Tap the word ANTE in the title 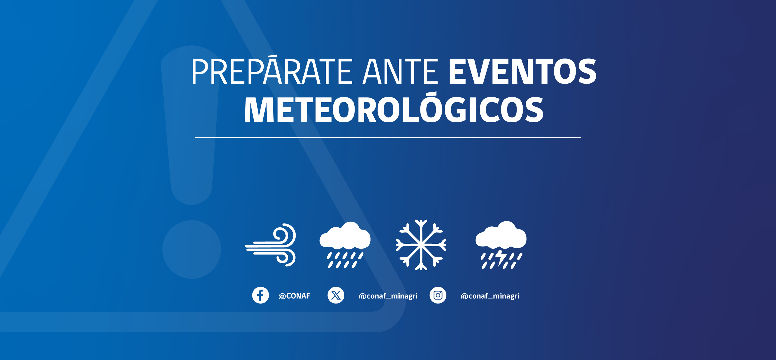pos(400,72)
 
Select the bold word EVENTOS pos(522,72)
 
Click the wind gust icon pos(271,245)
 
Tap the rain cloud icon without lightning pos(345,245)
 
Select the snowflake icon pos(421,245)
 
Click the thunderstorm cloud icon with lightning pos(501,245)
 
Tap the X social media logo pos(336,295)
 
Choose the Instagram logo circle pos(438,295)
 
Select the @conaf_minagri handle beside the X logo pos(388,296)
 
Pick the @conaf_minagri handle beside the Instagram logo pos(490,296)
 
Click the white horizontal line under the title pos(388,138)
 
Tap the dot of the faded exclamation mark pos(192,249)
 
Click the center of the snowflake pos(421,244)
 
